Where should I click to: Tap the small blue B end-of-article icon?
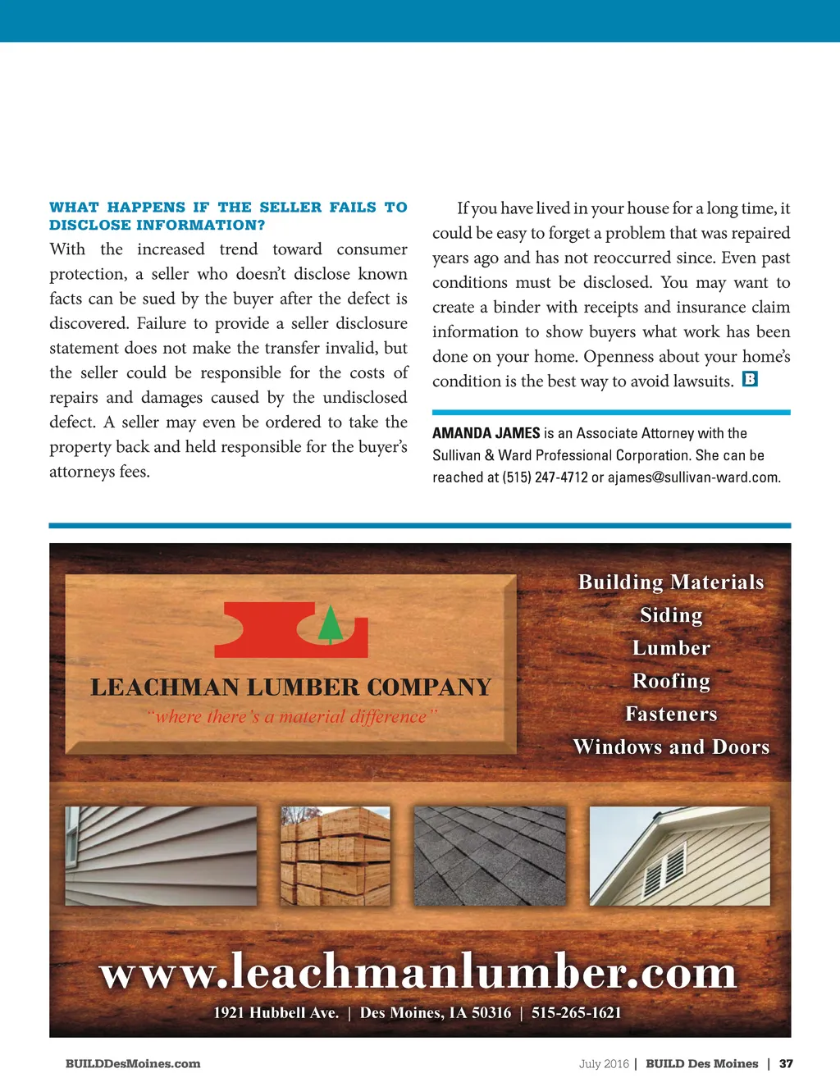pos(749,379)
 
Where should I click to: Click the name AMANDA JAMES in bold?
pos(486,433)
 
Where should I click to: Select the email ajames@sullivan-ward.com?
pos(693,477)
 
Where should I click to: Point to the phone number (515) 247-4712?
pos(545,477)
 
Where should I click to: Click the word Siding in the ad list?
pos(671,615)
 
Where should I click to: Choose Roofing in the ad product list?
pos(671,681)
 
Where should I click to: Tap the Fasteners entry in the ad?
pos(671,714)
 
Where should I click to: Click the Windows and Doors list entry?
pos(671,747)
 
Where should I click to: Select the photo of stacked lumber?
pos(336,856)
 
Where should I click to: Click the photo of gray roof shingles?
pos(490,856)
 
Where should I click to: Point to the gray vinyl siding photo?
pos(161,856)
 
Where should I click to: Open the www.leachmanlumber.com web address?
pos(418,973)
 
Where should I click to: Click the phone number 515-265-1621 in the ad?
pos(576,1013)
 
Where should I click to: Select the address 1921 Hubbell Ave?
pos(276,1013)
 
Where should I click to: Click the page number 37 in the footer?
pos(786,1064)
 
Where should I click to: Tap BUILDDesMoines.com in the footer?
pos(133,1064)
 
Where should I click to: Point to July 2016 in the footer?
pos(603,1064)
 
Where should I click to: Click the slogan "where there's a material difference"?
pos(292,717)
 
